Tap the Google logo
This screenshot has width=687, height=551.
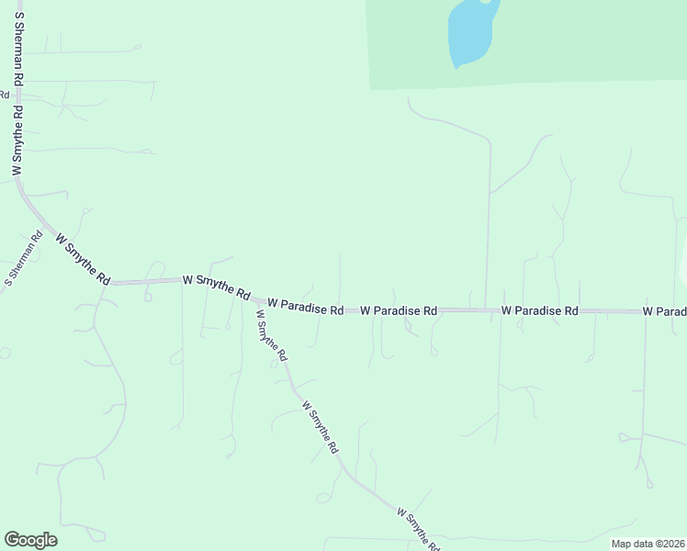click(30, 540)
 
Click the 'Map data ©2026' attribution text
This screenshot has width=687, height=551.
click(648, 544)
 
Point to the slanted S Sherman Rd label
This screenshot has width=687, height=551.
click(24, 258)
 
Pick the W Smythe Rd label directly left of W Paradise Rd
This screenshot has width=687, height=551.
click(216, 287)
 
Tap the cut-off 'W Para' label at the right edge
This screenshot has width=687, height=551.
click(665, 312)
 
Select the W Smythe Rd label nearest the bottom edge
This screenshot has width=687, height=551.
click(418, 528)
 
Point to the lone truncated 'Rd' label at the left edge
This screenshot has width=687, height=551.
click(5, 94)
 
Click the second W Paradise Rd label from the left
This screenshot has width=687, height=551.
click(399, 311)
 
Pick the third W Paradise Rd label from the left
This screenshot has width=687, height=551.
click(539, 311)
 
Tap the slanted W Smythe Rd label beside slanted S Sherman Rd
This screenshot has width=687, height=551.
click(83, 258)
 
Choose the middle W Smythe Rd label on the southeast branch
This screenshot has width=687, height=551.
click(321, 428)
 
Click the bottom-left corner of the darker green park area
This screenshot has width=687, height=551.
click(370, 89)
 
